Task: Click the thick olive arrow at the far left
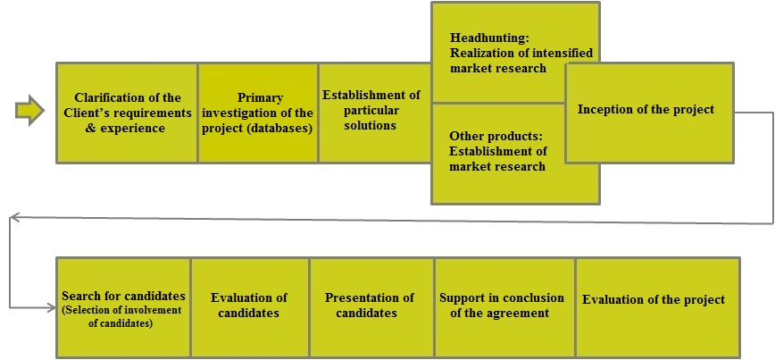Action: (x=29, y=110)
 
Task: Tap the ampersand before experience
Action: (x=90, y=129)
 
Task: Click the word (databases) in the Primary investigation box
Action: (x=283, y=129)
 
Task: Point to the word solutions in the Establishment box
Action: (x=371, y=126)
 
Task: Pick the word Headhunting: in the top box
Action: (x=482, y=38)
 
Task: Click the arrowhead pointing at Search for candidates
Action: (x=52, y=307)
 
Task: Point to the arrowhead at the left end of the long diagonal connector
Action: (x=15, y=216)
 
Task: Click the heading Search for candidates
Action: (x=123, y=297)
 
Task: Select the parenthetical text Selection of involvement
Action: (x=121, y=311)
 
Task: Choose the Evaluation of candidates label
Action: (x=248, y=306)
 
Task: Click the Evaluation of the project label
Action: (x=654, y=299)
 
